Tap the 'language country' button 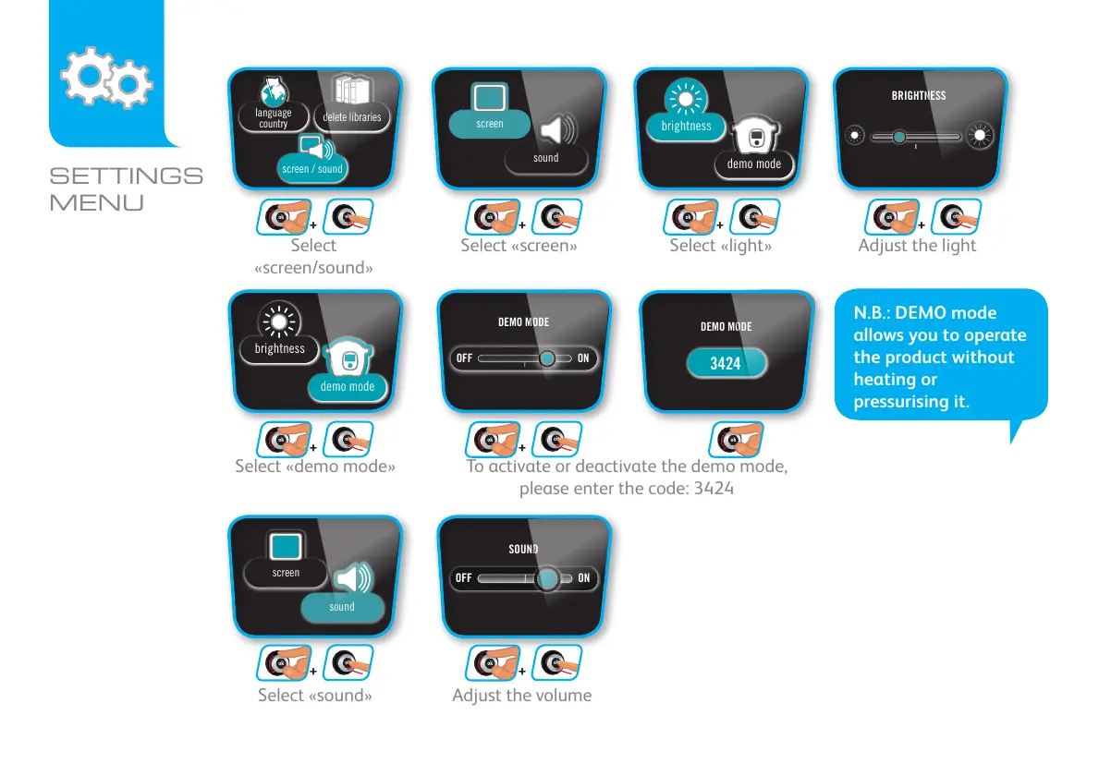tap(273, 117)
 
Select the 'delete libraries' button tap(352, 117)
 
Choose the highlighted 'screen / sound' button tap(311, 169)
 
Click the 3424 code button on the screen tap(726, 363)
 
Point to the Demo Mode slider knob tap(548, 358)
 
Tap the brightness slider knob tap(898, 137)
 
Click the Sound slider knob tap(548, 578)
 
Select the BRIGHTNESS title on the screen tap(918, 95)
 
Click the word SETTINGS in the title tap(126, 176)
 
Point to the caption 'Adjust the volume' tap(521, 696)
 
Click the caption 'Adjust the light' tap(917, 246)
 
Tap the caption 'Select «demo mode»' tap(315, 467)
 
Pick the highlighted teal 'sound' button tap(342, 607)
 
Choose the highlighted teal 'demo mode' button tap(348, 387)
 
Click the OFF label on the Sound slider tap(464, 578)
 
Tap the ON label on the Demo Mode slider tap(583, 358)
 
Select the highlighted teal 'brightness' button tap(686, 127)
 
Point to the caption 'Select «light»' tap(720, 246)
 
